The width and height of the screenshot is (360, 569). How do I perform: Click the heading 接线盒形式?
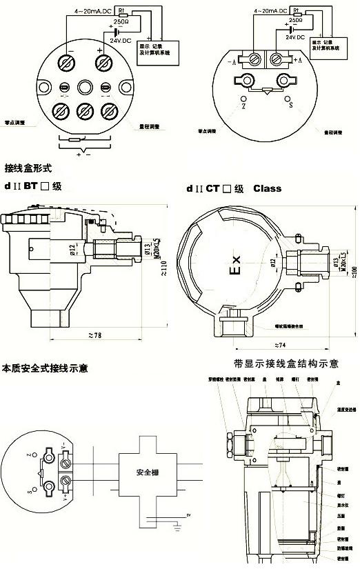pos(28,168)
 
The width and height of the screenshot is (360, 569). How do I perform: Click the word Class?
pos(267,188)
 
